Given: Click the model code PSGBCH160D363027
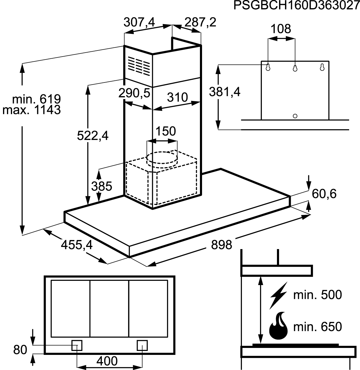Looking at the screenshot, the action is [x=297, y=5].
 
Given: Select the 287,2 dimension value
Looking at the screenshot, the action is [x=201, y=22].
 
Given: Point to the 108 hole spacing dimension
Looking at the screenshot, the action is [x=281, y=29].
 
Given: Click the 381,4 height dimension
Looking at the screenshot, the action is [x=225, y=92].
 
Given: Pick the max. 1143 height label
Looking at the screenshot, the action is [x=31, y=110].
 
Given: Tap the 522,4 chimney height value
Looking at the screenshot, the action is [x=93, y=136].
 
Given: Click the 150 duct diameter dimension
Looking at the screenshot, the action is [x=166, y=131].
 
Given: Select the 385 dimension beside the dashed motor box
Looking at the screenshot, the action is [x=102, y=186].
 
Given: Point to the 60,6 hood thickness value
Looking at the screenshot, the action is [x=324, y=194].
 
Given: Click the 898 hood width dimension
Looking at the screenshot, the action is [x=221, y=245].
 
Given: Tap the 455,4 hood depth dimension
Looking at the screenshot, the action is [x=77, y=245].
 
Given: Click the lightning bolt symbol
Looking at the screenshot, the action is [x=278, y=298].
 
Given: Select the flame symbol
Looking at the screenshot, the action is [x=278, y=331].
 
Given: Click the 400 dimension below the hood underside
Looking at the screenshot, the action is [x=107, y=361].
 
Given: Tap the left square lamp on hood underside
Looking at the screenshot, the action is [x=77, y=346].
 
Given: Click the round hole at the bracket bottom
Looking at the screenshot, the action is [x=295, y=116].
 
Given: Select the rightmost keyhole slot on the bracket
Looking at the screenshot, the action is [x=322, y=67].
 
